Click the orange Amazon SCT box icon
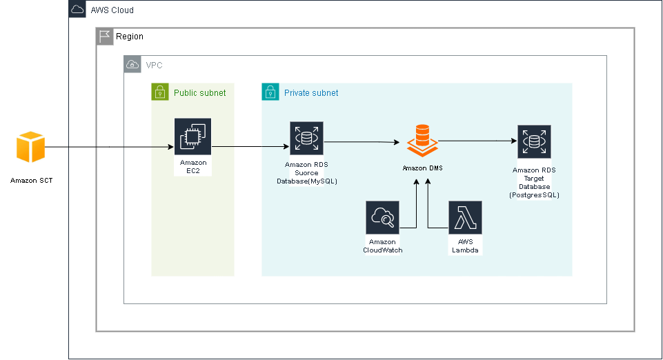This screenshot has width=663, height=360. (x=30, y=147)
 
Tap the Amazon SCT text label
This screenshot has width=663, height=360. (x=31, y=180)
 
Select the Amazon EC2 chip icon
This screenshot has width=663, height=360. (x=193, y=137)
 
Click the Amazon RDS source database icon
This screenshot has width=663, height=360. (x=306, y=140)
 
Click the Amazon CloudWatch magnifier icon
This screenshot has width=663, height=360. (x=382, y=219)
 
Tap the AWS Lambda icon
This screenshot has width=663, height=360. (x=465, y=219)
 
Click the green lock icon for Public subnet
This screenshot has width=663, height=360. (x=160, y=92)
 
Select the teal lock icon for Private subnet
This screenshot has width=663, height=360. (x=270, y=92)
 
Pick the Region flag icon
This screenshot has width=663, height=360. (x=104, y=37)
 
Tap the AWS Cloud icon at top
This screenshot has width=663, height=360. (x=77, y=10)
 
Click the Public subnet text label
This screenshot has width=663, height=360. (x=199, y=92)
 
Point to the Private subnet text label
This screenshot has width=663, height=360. (x=311, y=92)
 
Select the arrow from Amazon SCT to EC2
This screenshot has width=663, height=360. (x=110, y=147)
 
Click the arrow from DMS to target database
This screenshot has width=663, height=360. (x=476, y=141)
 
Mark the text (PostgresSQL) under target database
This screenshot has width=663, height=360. (x=534, y=195)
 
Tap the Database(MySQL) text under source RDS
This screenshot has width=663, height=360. (x=307, y=181)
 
